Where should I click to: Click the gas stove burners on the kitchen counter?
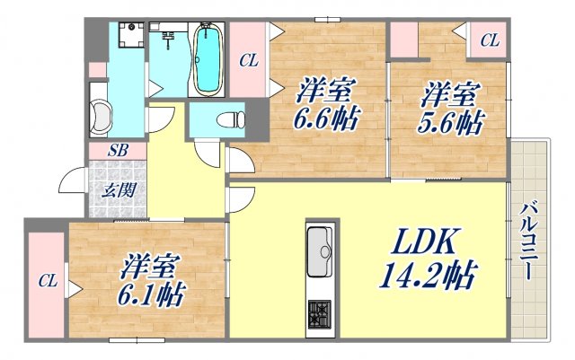point(321,313)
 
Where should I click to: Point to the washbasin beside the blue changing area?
point(100,118)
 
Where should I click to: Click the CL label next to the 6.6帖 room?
point(249,60)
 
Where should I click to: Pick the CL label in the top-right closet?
point(489,40)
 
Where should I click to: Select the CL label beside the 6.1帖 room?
point(46,282)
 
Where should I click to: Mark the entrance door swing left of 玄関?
point(74,184)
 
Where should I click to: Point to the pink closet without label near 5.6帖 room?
point(404,40)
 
